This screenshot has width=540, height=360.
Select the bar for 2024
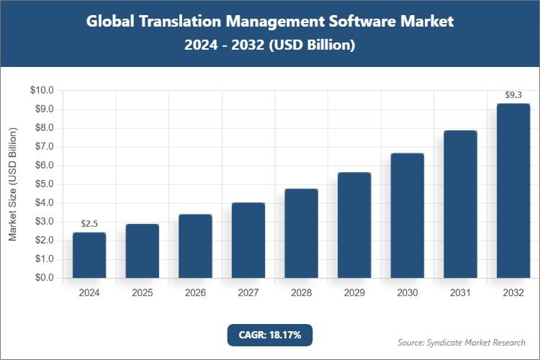click(x=89, y=255)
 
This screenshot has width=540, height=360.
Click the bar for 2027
click(x=248, y=240)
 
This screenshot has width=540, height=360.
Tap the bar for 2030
click(x=408, y=215)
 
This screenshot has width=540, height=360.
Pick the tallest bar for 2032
click(x=513, y=191)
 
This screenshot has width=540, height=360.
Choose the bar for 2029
click(x=354, y=225)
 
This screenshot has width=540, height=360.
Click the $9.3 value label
click(x=513, y=94)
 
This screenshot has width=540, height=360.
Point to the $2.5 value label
click(x=89, y=223)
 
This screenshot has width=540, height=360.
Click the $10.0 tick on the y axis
click(x=42, y=90)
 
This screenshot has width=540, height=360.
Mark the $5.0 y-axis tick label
click(x=44, y=184)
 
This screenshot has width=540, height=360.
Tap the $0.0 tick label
click(x=44, y=278)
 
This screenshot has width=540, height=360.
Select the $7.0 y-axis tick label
click(x=44, y=147)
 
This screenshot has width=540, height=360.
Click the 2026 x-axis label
click(x=195, y=293)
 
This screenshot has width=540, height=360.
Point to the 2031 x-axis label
click(x=460, y=293)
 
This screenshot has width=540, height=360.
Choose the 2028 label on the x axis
click(x=301, y=293)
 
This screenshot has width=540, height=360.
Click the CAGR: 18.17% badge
click(x=270, y=335)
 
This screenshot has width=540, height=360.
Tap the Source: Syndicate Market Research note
click(x=462, y=342)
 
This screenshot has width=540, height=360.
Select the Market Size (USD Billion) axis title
click(x=12, y=184)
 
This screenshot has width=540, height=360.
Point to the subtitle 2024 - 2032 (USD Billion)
click(x=270, y=45)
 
